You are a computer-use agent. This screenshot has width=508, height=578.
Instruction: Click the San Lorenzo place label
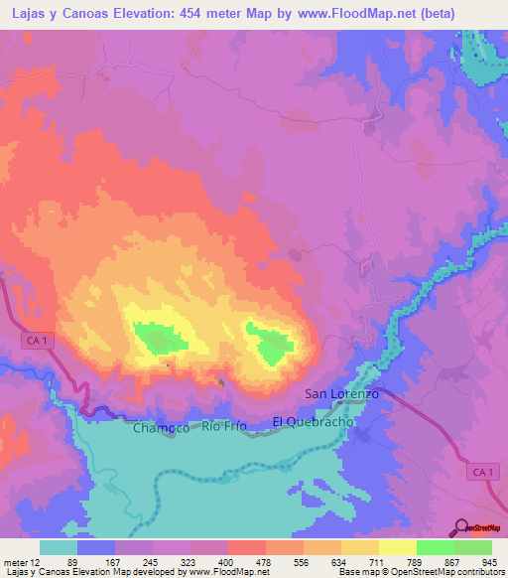(341, 394)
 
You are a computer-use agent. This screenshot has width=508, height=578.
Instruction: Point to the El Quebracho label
(314, 424)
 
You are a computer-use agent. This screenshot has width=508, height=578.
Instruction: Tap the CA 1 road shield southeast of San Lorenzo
(481, 471)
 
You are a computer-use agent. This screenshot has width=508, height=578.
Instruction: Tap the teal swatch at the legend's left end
(59, 546)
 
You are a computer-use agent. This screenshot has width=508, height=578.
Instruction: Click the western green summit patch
(159, 339)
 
